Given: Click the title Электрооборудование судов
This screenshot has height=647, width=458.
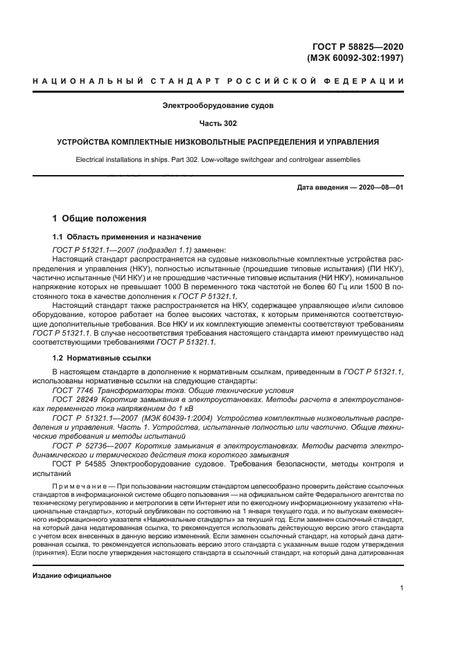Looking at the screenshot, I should click(218, 106).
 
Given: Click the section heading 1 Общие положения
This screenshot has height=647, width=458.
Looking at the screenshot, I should click(100, 219).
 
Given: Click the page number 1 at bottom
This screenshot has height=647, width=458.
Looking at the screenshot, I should click(402, 588).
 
